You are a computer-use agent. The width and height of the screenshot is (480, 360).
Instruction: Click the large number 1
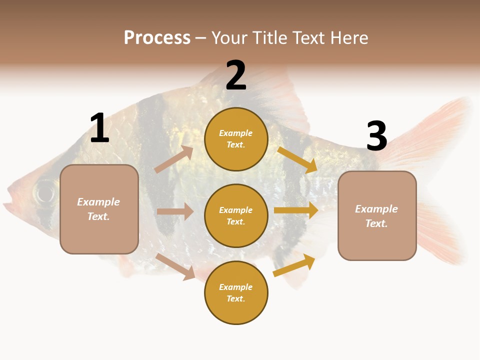click(99, 128)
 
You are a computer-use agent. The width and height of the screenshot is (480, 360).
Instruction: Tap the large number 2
click(236, 75)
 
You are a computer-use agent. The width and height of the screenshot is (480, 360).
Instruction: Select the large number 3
click(376, 136)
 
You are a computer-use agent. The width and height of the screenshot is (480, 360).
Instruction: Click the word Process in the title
click(157, 38)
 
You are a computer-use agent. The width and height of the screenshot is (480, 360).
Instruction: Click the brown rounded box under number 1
click(99, 209)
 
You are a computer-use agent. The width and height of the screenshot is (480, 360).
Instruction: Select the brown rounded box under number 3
click(377, 215)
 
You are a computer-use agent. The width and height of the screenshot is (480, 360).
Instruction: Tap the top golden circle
click(236, 139)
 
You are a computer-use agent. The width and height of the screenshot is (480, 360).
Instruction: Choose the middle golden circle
click(236, 215)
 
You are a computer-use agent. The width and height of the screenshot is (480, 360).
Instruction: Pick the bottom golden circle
click(236, 292)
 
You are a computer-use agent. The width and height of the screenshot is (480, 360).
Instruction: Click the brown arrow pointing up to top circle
click(174, 159)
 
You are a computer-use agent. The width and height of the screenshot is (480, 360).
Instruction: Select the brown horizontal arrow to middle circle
click(175, 211)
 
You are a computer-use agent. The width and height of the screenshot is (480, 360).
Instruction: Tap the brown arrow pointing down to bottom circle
click(175, 266)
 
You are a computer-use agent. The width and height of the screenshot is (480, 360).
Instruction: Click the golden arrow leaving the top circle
click(297, 159)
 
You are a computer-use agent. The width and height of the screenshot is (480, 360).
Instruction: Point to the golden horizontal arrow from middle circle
click(296, 210)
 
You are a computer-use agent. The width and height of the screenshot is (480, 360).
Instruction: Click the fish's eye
click(44, 192)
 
